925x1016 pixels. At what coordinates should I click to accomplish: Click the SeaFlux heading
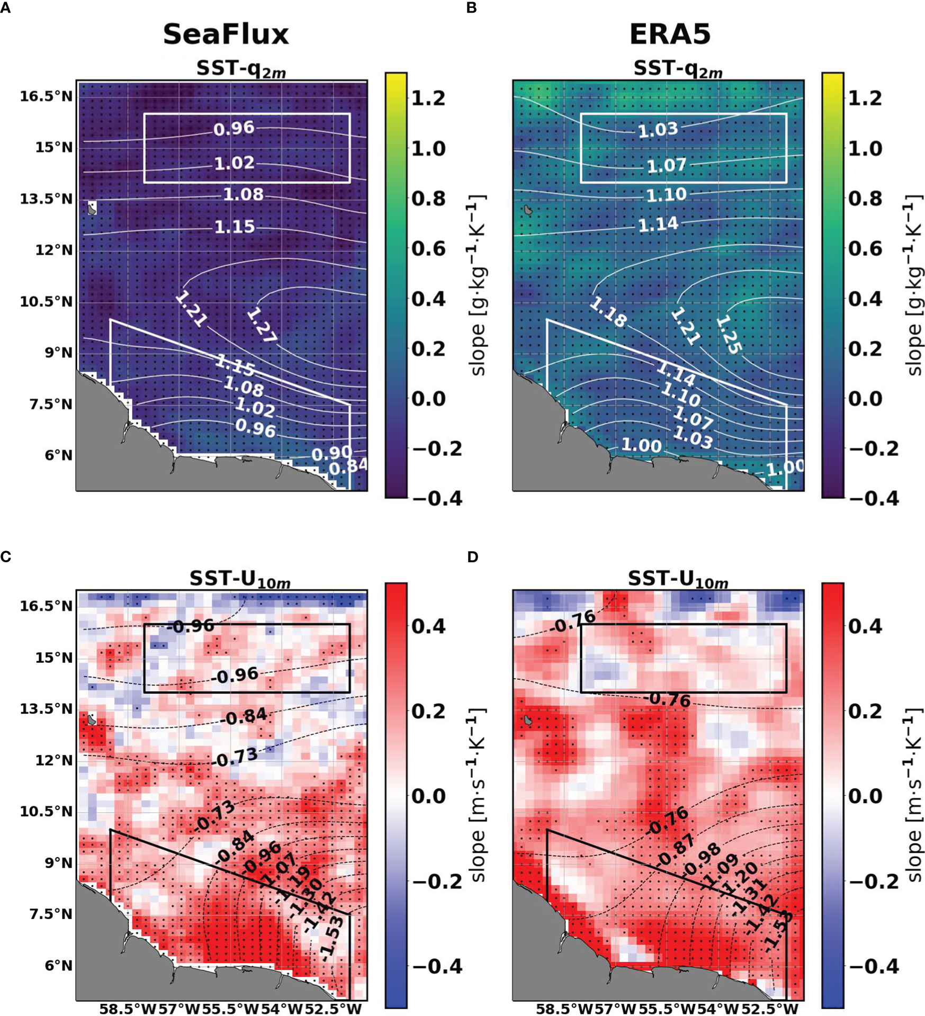click(226, 34)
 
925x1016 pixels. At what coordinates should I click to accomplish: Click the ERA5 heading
click(669, 34)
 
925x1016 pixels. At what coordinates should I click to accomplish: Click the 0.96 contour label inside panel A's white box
click(234, 129)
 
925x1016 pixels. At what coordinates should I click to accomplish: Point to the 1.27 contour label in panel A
click(262, 325)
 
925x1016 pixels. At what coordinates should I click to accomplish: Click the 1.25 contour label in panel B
click(729, 335)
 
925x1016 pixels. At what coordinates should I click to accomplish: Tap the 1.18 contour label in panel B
click(608, 312)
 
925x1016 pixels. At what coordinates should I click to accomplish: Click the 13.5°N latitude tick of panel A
click(47, 199)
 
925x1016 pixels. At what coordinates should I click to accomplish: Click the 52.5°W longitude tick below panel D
click(775, 1008)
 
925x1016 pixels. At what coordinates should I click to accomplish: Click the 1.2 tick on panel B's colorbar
click(865, 98)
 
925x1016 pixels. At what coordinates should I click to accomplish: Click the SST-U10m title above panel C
click(240, 579)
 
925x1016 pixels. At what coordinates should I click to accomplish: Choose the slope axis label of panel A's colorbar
click(478, 286)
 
